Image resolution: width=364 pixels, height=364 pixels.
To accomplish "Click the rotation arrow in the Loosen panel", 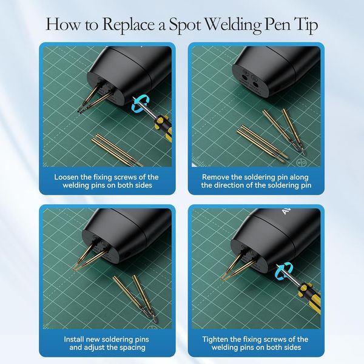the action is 141,105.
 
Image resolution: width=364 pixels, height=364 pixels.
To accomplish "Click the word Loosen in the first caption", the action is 66,177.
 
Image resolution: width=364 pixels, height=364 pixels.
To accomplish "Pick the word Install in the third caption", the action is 73,339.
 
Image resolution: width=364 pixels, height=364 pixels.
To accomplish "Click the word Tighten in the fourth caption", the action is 215,339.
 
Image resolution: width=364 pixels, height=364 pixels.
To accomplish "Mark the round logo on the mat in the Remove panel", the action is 302,163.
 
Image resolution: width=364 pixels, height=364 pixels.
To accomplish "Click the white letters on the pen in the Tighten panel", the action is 286,211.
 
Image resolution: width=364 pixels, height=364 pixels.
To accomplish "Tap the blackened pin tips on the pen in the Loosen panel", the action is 82,110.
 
